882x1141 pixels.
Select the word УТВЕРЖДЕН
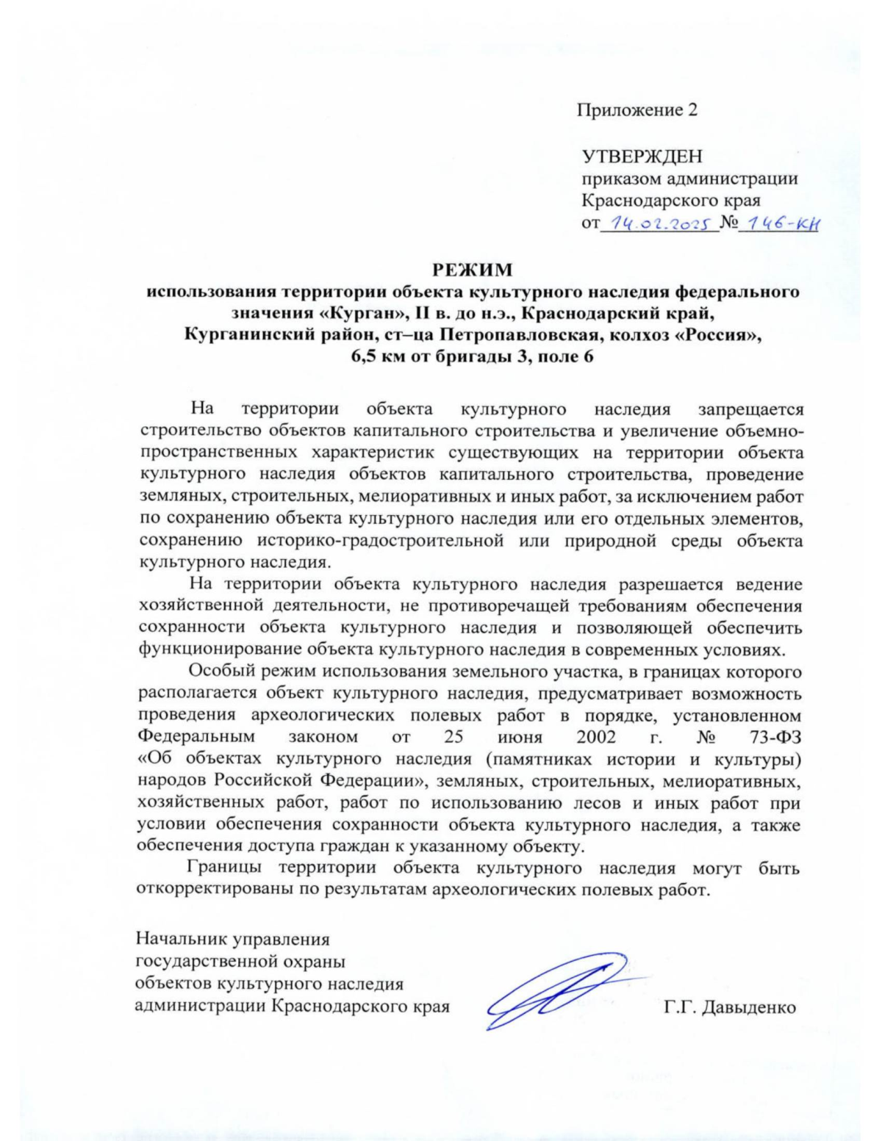(x=642, y=156)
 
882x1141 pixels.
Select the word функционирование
(x=209, y=649)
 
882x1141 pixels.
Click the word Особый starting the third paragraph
(x=219, y=672)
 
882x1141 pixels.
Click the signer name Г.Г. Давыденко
(x=729, y=1007)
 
